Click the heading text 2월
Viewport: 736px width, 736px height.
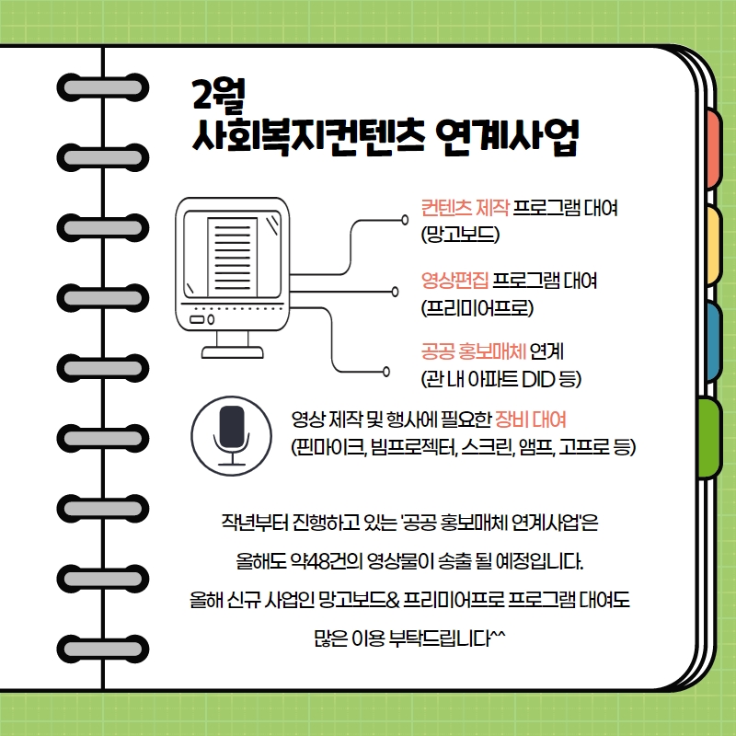(219, 95)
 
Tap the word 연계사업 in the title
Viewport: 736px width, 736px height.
(508, 136)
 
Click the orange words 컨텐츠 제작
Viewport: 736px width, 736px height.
(465, 208)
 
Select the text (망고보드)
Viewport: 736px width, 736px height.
(460, 235)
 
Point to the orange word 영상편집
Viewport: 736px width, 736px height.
(454, 281)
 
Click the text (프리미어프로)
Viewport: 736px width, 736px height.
(477, 308)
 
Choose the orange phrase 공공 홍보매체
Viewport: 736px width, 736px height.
(473, 351)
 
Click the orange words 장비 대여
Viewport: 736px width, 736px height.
(531, 420)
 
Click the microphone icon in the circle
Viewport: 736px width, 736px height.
(232, 435)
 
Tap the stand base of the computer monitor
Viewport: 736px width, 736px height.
(233, 352)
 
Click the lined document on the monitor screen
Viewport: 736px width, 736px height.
(233, 257)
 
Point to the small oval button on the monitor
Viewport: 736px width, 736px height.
(211, 319)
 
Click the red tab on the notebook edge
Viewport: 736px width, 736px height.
(712, 148)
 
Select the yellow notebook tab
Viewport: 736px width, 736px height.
(713, 245)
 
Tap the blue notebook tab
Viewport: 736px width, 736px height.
(713, 340)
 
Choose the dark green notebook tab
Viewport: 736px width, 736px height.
(709, 438)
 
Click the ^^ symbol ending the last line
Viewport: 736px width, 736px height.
(498, 635)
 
